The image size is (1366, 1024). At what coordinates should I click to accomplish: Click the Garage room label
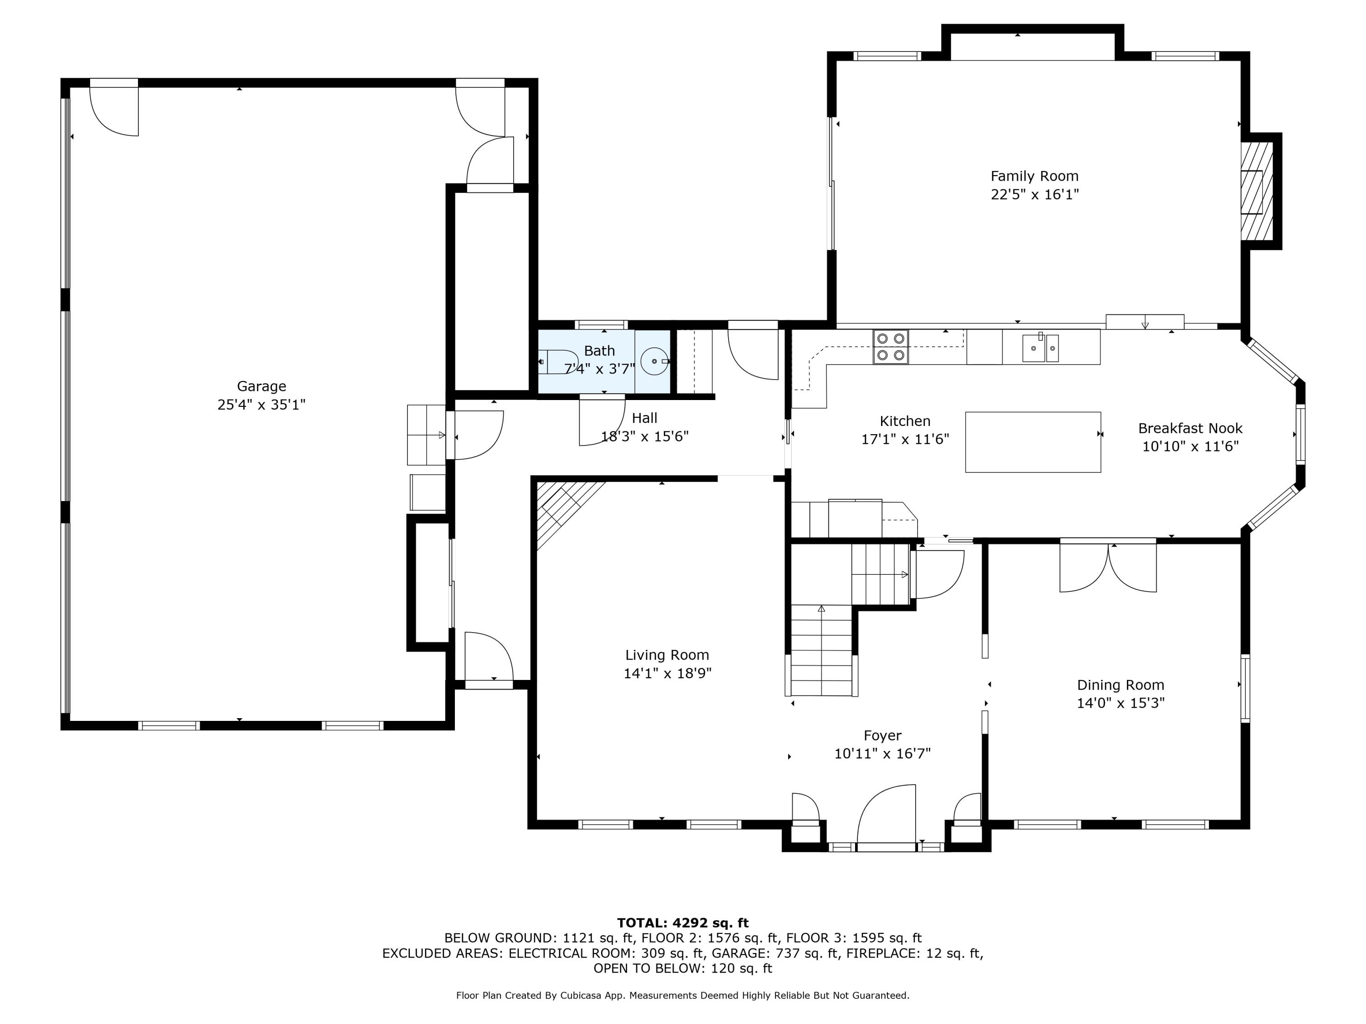(x=261, y=386)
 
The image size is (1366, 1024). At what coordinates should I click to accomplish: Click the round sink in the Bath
(x=653, y=361)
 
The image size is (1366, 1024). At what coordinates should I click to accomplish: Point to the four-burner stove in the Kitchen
(x=891, y=347)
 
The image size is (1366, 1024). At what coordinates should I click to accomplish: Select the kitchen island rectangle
(x=1033, y=442)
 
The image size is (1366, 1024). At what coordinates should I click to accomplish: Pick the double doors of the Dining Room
(x=1108, y=567)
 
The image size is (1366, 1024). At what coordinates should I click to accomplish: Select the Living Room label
(x=667, y=655)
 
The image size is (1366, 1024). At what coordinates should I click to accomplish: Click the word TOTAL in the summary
(x=642, y=923)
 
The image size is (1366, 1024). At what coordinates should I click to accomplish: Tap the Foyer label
(x=882, y=736)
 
